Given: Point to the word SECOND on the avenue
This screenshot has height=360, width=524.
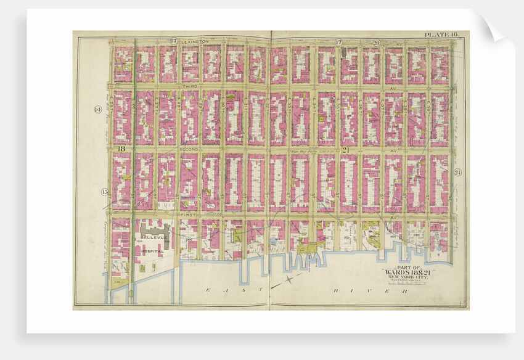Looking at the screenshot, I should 190,149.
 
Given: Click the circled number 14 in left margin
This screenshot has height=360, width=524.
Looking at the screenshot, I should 97,109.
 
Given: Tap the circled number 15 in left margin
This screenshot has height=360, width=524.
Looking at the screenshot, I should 105,192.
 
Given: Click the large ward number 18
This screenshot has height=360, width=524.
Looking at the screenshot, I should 121,149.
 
